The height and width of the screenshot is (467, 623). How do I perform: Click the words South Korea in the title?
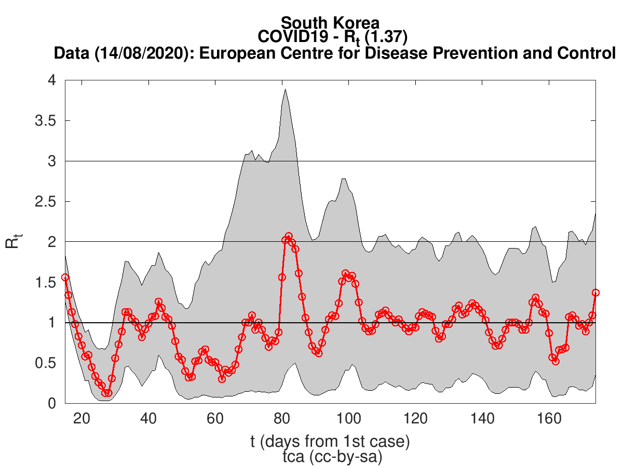[x=330, y=23]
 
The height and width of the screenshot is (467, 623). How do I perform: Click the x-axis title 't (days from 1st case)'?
[x=330, y=442]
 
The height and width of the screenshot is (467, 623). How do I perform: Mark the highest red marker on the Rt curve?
[x=289, y=237]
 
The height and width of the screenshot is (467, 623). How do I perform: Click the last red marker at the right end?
[x=595, y=293]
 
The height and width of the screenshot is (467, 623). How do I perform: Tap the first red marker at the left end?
[x=65, y=278]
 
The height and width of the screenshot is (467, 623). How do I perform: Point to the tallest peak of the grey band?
[x=285, y=89]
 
